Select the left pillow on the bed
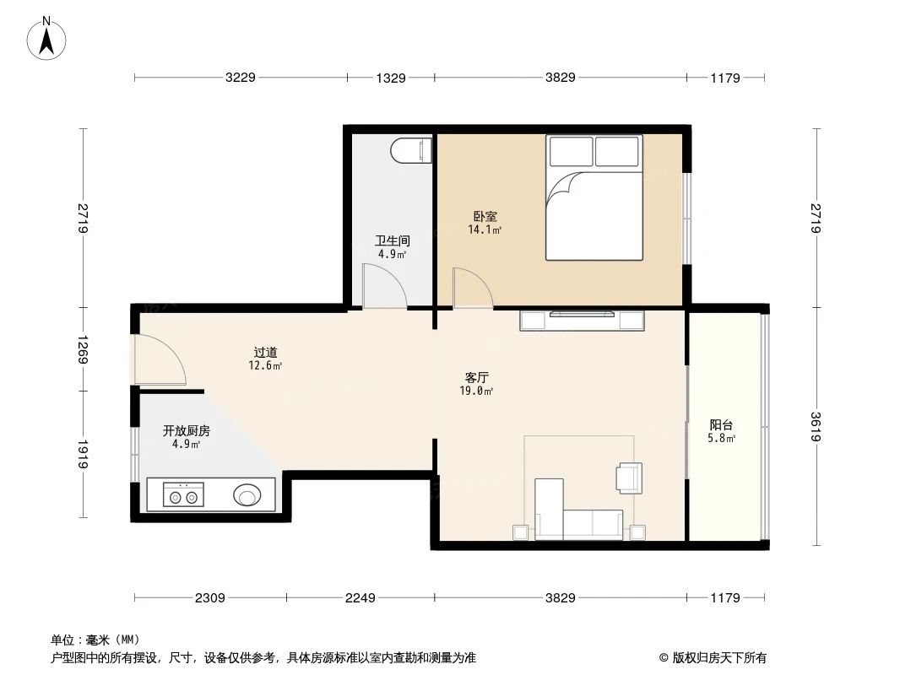(571, 152)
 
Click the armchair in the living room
(629, 477)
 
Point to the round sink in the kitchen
(247, 495)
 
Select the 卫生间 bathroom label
(392, 240)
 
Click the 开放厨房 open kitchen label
(187, 430)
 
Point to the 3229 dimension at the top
(240, 78)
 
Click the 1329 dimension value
(391, 78)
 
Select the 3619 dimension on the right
(815, 427)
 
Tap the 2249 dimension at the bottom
(360, 598)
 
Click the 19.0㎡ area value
(478, 391)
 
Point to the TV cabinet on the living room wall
(582, 320)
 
